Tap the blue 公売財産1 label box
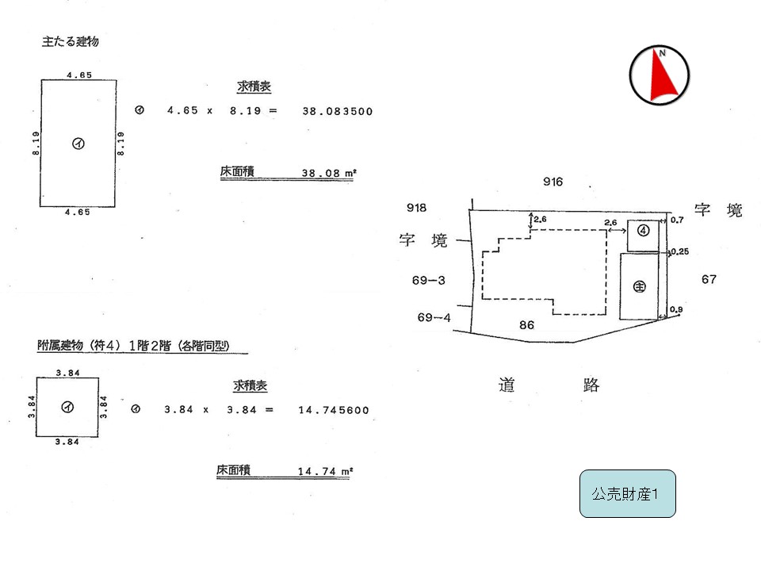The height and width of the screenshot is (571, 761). (628, 493)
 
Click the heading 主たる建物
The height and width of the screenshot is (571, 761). (71, 42)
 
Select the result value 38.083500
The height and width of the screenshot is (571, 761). (338, 111)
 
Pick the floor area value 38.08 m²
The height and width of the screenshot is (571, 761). (329, 173)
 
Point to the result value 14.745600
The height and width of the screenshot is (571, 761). (334, 410)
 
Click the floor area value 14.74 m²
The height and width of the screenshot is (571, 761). (325, 471)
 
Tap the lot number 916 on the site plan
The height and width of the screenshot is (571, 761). (553, 182)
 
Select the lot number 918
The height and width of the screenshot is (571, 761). (416, 208)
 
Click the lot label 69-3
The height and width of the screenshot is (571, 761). (429, 280)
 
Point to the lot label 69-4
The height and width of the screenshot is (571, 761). (434, 317)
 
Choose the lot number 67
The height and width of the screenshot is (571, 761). (709, 279)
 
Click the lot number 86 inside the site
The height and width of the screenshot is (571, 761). (526, 325)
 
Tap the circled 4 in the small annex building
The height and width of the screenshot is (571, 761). (643, 231)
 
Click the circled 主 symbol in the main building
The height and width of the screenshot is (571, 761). (640, 286)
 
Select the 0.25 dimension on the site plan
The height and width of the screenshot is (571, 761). (680, 251)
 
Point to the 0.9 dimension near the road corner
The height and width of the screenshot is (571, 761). (676, 309)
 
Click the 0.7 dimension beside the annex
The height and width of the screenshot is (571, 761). (677, 220)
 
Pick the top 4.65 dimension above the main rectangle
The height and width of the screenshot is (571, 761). (79, 75)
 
